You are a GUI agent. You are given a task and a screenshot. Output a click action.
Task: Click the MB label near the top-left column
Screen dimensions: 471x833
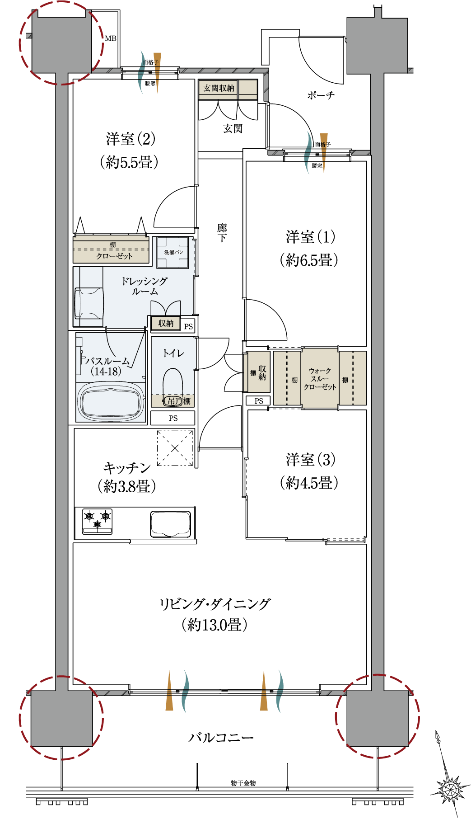111,38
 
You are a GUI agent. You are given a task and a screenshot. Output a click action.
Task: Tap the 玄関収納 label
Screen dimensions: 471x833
219,88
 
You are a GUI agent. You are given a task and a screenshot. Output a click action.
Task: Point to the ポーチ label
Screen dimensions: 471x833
321,95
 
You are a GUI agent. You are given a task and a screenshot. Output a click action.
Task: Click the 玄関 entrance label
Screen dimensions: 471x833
233,129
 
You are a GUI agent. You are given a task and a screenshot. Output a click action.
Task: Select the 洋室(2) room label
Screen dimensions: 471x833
131,139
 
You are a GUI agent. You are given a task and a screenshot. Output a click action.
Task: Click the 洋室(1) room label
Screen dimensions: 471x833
310,237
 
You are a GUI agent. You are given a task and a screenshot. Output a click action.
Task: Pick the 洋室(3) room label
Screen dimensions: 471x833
310,460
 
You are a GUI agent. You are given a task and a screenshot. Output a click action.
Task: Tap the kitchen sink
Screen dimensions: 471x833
171,524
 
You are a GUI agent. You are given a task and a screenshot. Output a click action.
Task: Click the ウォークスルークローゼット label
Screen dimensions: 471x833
320,379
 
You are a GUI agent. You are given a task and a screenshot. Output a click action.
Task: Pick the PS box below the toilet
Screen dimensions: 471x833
173,418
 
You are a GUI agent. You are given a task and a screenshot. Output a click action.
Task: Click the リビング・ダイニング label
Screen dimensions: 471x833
215,603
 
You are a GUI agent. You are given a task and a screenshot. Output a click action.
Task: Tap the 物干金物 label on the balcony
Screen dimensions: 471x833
243,783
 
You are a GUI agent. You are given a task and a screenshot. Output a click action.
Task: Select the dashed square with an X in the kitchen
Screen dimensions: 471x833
175,448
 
